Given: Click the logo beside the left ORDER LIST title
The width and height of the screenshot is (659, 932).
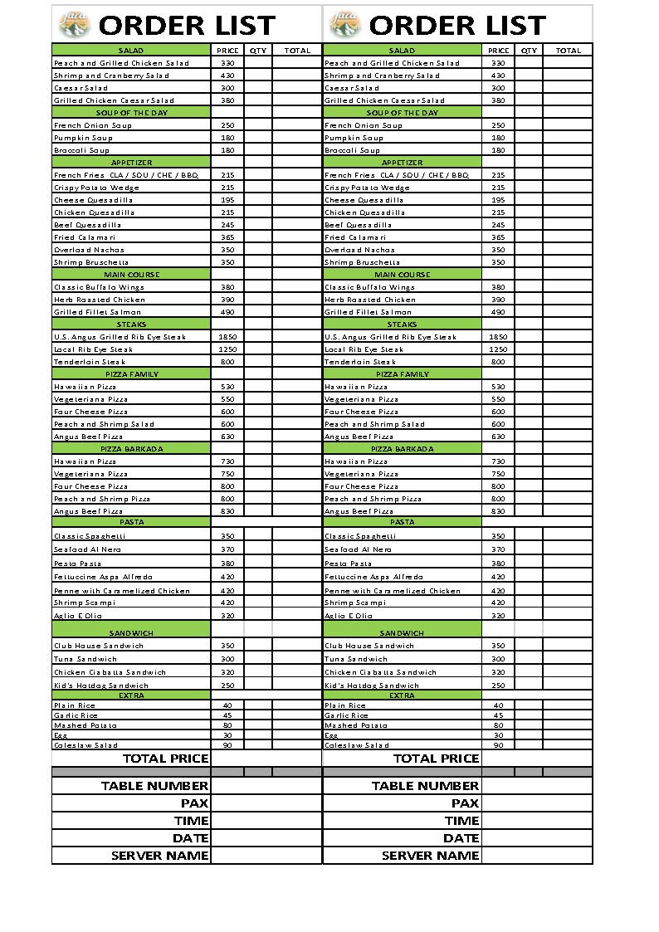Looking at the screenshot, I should coord(74,25).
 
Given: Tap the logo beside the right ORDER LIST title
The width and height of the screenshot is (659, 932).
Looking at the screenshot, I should coord(344,25).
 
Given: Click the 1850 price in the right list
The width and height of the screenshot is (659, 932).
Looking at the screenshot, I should coord(498,337).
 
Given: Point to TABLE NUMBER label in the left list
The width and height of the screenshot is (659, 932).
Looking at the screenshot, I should coord(154,785).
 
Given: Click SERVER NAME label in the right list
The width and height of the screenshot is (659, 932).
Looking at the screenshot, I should coord(430,855).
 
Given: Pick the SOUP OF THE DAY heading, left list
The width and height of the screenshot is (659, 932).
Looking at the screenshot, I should coord(131,113).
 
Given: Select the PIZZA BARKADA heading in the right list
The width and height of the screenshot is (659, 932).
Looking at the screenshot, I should coord(402,449).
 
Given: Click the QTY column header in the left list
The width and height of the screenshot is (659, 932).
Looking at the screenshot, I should coord(258,51).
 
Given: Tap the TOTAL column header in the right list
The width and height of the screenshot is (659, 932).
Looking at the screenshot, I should coord(568,51).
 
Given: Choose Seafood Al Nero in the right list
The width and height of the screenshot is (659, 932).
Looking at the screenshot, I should coord(359,549).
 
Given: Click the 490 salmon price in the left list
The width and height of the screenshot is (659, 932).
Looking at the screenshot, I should coord(227,312).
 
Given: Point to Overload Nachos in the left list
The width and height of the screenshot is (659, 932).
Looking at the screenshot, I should coord(89,250).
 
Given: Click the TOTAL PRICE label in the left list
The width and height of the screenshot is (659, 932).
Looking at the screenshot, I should coord(165,758).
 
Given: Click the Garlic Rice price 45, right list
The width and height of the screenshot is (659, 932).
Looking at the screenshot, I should coord(498,715).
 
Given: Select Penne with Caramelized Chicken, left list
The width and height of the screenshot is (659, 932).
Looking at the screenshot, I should coord(122,591).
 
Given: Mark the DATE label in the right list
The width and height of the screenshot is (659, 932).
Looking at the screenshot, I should coord(461,837).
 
